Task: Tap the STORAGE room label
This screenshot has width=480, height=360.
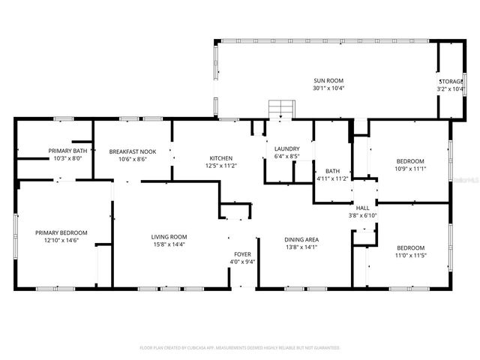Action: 451,80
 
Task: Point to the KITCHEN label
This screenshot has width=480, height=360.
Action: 220,157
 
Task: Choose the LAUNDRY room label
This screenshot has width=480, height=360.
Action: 287,148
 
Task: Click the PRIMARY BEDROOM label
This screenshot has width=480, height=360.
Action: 61,232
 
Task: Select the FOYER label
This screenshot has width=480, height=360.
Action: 242,254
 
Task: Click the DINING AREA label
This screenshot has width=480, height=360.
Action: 301,239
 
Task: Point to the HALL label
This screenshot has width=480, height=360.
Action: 362,208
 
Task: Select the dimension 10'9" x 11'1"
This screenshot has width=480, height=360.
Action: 410,169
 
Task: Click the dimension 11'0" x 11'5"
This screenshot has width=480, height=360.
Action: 410,255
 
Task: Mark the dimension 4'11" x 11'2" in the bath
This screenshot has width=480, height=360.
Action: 331,178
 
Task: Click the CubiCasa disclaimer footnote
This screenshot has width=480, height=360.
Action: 240,348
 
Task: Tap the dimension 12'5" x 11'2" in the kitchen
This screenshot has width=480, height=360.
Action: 220,166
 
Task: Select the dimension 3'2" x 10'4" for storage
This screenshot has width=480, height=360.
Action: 451,88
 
